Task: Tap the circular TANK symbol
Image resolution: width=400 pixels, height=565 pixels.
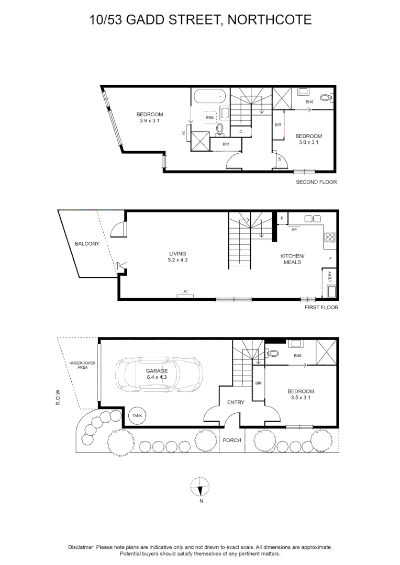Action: pos(138,416)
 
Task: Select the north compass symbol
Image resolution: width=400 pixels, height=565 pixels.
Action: pos(201,487)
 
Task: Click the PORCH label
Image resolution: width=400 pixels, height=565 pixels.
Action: pos(232,440)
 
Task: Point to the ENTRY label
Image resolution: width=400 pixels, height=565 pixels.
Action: pos(235,402)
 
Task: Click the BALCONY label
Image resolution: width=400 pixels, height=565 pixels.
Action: pos(87,244)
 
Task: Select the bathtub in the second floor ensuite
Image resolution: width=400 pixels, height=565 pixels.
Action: pos(209,97)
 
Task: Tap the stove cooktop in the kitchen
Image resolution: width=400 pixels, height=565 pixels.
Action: pos(330,237)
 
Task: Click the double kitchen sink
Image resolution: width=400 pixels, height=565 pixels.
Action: pos(313,218)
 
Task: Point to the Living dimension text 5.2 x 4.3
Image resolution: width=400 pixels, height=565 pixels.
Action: pos(177,260)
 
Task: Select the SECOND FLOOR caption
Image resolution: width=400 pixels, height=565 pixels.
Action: pos(316,182)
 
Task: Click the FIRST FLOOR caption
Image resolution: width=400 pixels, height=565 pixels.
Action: pos(321,307)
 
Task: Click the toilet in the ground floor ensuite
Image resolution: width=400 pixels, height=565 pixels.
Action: pos(272,353)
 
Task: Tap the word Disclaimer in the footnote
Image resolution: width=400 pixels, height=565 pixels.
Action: pos(81,547)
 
